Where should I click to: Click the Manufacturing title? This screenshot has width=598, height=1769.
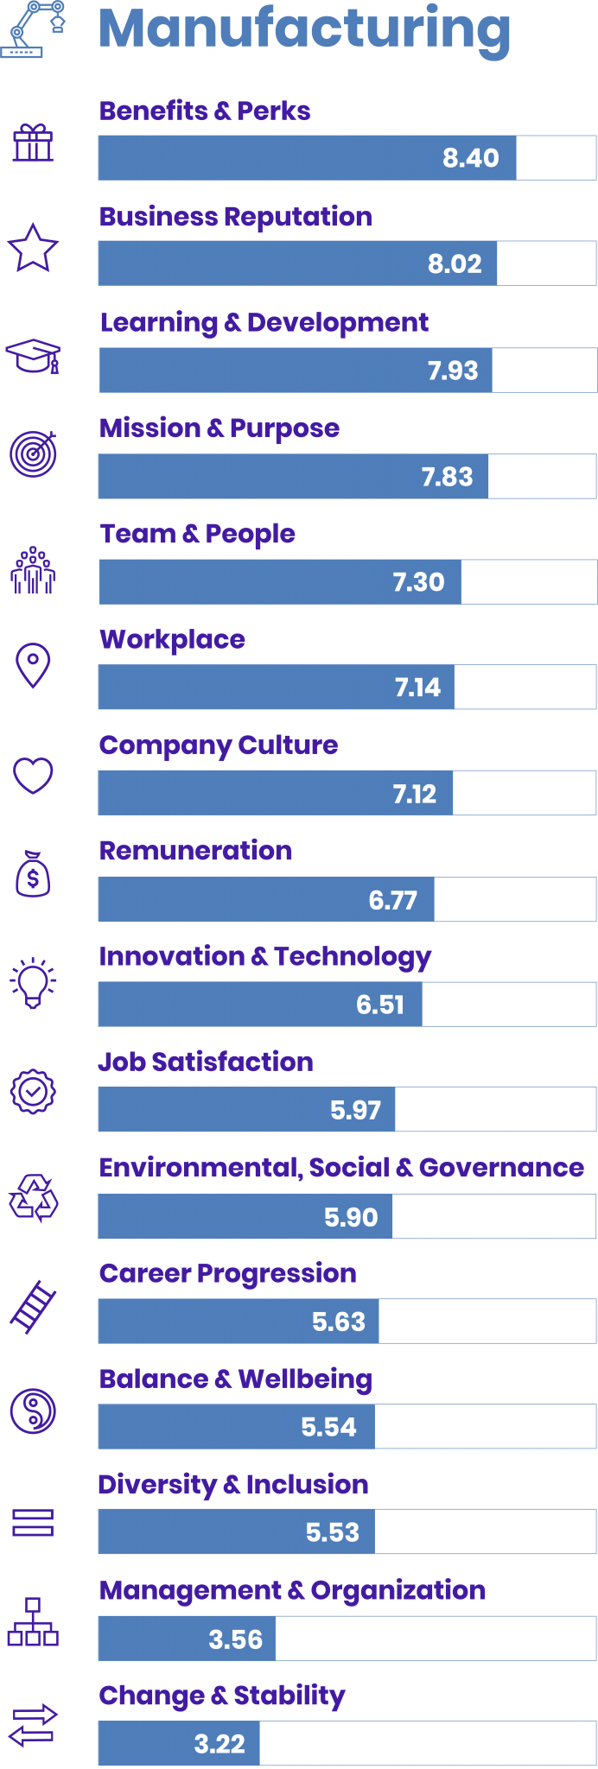(304, 29)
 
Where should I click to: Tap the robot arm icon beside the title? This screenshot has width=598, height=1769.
(32, 29)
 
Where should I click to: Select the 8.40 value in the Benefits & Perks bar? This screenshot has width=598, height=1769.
(470, 158)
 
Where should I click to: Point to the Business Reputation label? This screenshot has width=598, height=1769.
(235, 217)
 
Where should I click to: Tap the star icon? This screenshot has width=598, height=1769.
(33, 248)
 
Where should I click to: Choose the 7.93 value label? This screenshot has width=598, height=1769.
(453, 371)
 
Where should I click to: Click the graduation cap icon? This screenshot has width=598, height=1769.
(33, 355)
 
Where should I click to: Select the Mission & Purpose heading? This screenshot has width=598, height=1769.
(219, 428)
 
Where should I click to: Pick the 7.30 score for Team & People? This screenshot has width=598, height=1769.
(418, 582)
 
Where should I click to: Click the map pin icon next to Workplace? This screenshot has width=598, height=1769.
(33, 665)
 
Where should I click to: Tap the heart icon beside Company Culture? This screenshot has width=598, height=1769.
(33, 775)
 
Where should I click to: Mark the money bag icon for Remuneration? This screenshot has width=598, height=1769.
(33, 874)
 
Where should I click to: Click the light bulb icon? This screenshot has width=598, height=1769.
(33, 982)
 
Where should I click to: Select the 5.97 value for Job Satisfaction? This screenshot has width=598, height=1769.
(355, 1110)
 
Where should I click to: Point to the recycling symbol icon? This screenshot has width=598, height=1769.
(33, 1198)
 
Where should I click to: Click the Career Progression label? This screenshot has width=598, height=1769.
(227, 1273)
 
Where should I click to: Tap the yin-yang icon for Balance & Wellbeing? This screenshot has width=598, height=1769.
(33, 1411)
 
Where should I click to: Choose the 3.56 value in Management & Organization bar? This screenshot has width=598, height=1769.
(235, 1639)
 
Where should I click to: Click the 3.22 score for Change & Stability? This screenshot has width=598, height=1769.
(219, 1744)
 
